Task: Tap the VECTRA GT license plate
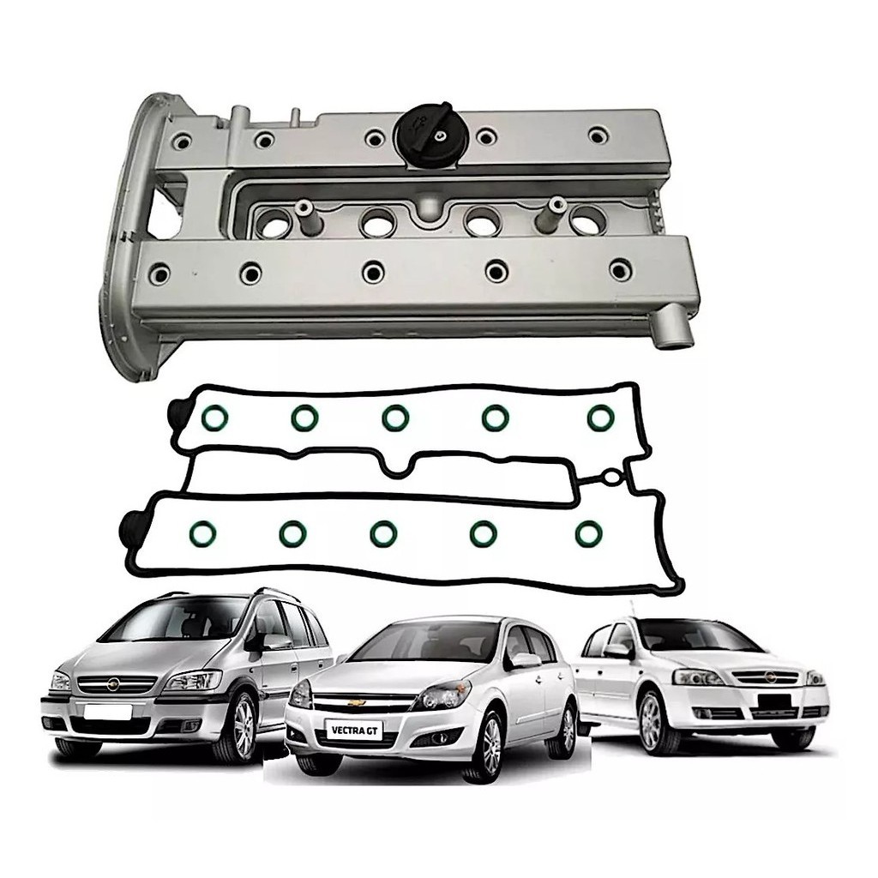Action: (x=355, y=731)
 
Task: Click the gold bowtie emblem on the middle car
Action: (x=357, y=702)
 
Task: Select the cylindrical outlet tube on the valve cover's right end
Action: (x=676, y=335)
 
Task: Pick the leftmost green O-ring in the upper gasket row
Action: (x=213, y=418)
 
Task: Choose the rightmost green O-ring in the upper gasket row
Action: (x=601, y=418)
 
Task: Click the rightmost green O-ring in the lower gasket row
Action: (x=588, y=534)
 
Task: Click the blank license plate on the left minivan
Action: (x=107, y=711)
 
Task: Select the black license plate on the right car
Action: (x=774, y=702)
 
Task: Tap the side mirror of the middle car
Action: (x=526, y=660)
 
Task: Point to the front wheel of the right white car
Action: (x=652, y=721)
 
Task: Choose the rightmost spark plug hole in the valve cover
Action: (x=588, y=219)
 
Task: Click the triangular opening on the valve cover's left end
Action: (x=167, y=204)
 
